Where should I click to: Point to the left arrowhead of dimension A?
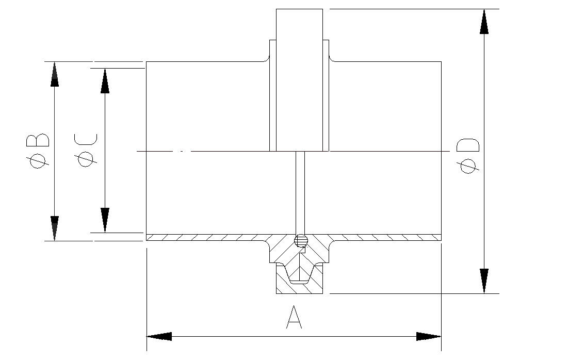pyautogui.click(x=159, y=336)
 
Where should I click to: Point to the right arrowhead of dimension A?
pyautogui.click(x=429, y=336)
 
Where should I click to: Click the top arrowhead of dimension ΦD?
pyautogui.click(x=484, y=21)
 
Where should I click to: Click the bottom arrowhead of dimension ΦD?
pyautogui.click(x=484, y=281)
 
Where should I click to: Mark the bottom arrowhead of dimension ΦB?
pyautogui.click(x=55, y=228)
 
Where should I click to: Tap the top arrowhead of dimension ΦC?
pyautogui.click(x=105, y=80)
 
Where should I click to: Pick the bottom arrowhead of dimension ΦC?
pyautogui.click(x=105, y=220)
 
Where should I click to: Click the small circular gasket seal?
pyautogui.click(x=300, y=240)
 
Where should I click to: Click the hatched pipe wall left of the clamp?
pyautogui.click(x=206, y=237)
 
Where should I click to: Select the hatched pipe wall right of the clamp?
pyautogui.click(x=387, y=237)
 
